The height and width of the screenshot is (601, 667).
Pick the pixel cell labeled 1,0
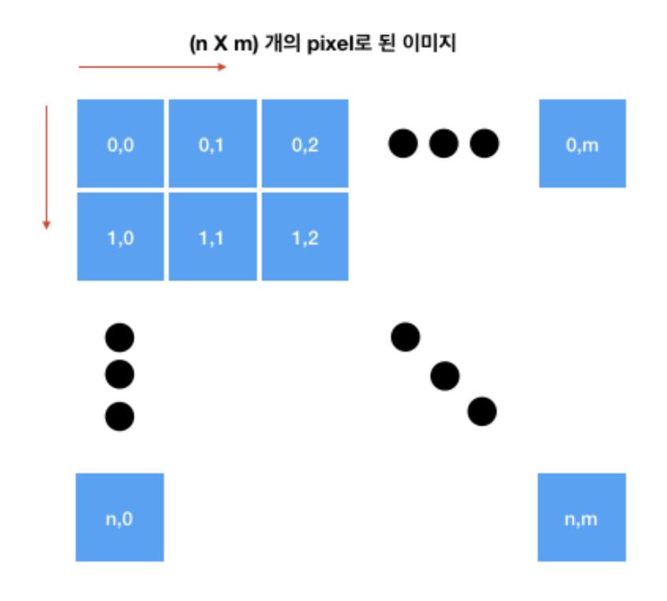click(121, 237)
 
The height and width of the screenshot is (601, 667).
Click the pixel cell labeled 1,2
click(304, 237)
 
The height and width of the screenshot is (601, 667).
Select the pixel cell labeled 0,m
click(582, 144)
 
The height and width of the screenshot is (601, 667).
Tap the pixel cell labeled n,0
click(120, 517)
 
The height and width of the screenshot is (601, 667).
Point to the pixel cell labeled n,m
click(582, 517)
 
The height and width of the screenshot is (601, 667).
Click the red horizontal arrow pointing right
click(152, 67)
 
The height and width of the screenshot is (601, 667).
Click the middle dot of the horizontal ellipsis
click(444, 144)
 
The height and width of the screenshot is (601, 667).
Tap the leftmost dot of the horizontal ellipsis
click(403, 144)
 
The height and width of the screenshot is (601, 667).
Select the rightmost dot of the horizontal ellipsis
click(484, 144)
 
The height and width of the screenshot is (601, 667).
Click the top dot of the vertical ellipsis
click(120, 338)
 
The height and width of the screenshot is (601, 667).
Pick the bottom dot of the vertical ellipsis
click(120, 416)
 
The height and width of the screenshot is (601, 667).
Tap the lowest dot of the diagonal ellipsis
click(482, 411)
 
